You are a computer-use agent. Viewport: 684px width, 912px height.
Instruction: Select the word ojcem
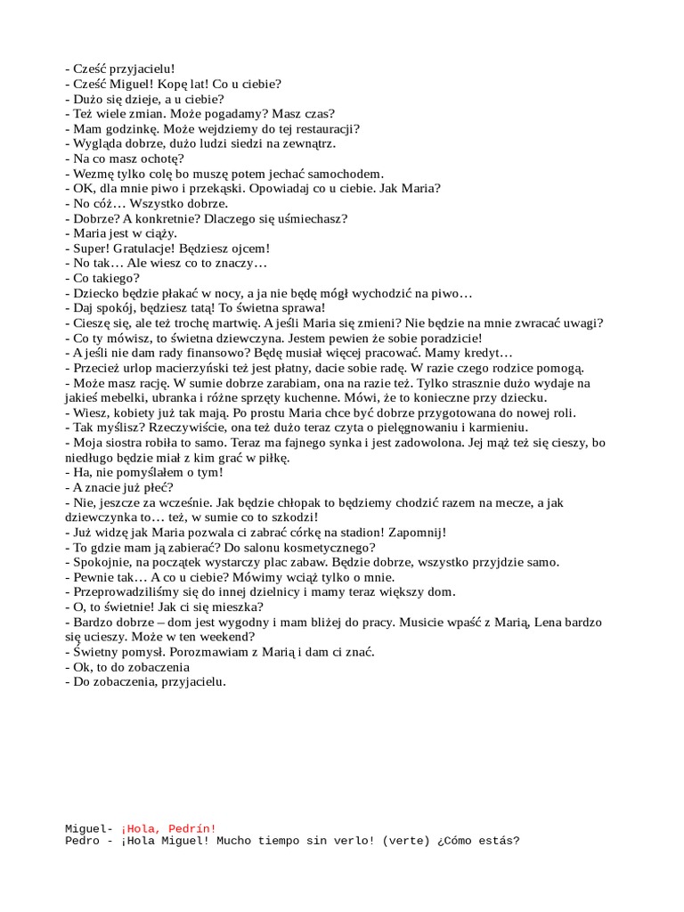249,248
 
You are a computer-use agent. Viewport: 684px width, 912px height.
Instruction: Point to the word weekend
230,638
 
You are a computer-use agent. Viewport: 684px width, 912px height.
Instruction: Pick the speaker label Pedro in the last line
83,841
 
